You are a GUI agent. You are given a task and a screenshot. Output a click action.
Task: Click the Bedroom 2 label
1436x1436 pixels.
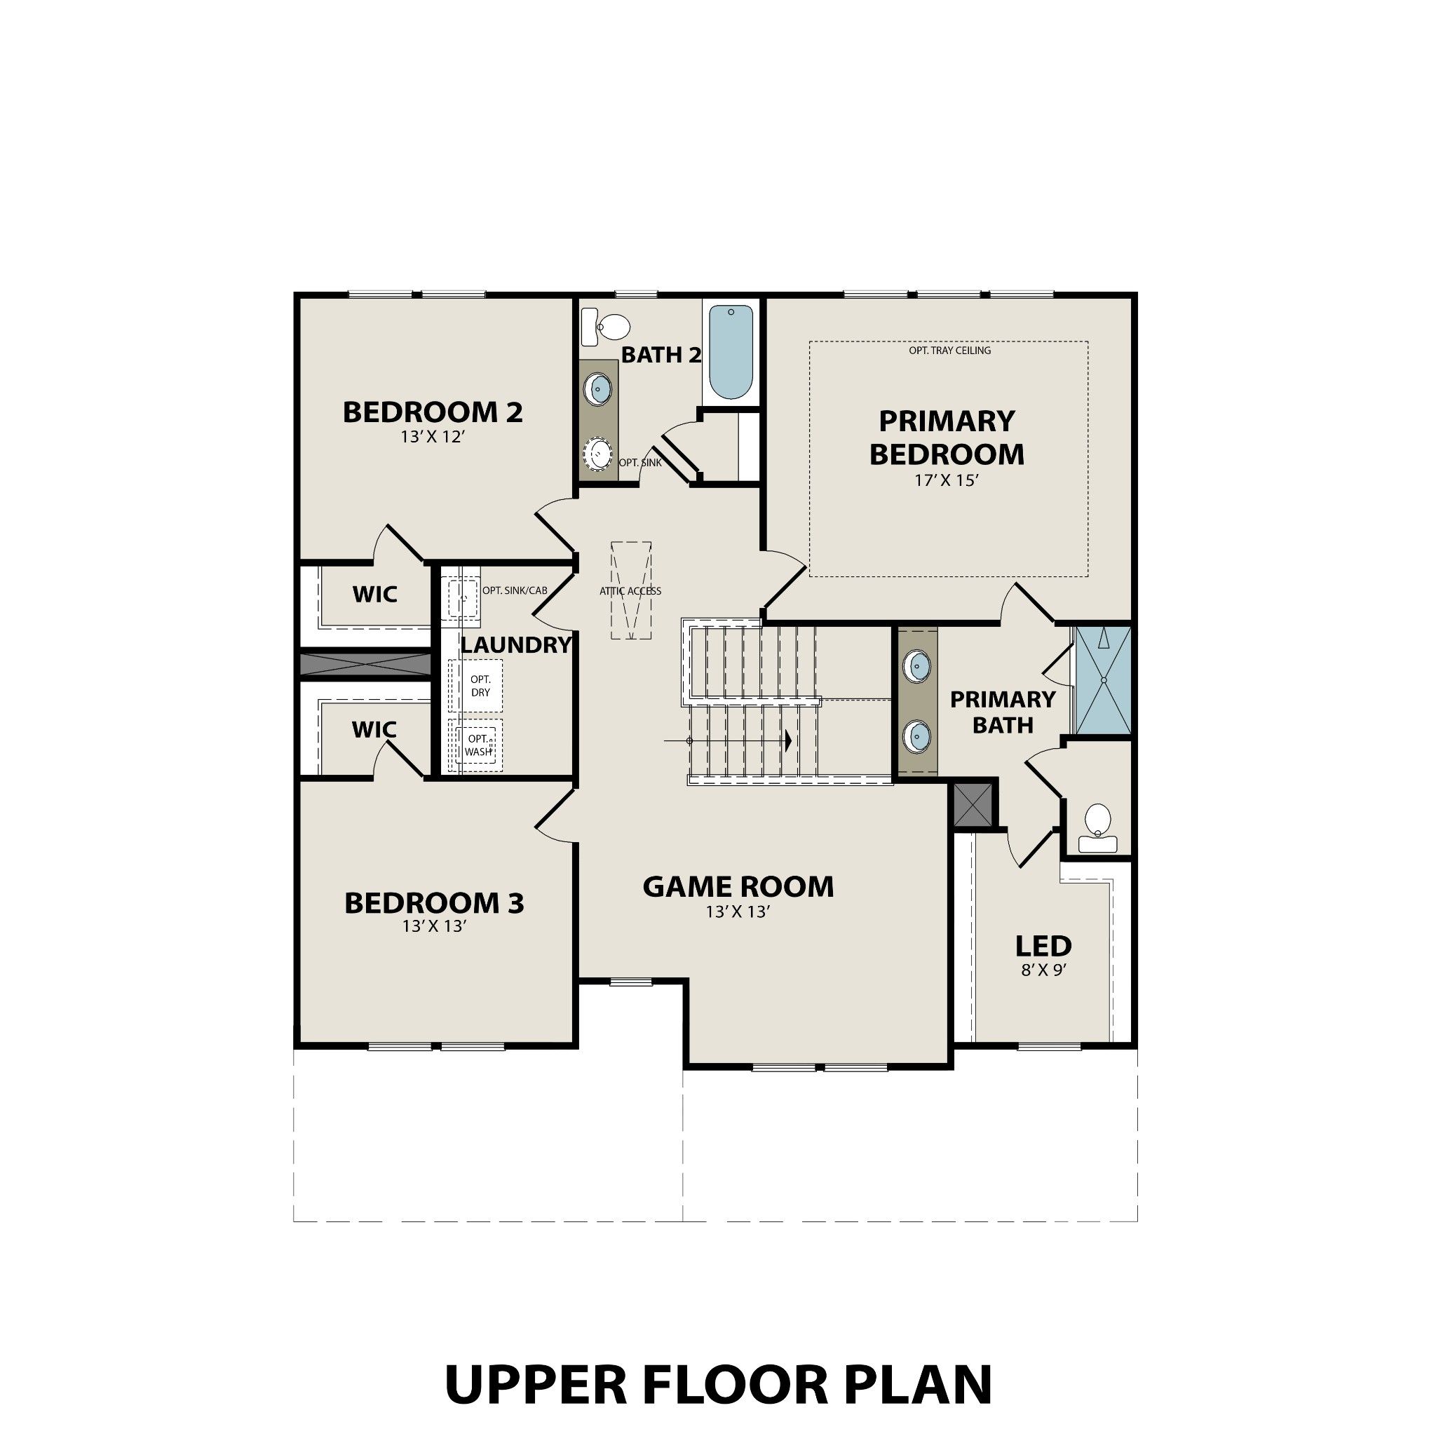point(433,412)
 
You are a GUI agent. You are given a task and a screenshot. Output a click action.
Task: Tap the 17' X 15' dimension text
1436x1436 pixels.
point(946,481)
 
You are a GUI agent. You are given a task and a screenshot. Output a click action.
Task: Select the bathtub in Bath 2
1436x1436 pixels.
point(731,351)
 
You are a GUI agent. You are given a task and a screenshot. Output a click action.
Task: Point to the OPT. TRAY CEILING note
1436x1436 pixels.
point(949,350)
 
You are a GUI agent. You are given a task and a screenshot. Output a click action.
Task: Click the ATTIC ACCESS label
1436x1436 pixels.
point(630,591)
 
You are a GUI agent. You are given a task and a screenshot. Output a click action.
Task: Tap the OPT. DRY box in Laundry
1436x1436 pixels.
point(480,686)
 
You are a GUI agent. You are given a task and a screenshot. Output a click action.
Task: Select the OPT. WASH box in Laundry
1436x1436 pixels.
point(478,745)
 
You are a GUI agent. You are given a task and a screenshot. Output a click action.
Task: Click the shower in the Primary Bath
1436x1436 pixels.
point(1103,680)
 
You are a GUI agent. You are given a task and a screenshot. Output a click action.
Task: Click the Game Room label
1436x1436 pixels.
point(738,887)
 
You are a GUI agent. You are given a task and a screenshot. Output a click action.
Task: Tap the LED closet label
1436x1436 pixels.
point(1043,946)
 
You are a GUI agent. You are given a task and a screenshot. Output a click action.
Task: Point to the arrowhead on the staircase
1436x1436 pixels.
point(787,741)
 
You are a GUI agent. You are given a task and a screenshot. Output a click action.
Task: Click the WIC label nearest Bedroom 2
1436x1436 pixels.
point(374,595)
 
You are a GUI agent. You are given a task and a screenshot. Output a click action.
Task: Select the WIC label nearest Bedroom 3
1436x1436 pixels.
point(374,730)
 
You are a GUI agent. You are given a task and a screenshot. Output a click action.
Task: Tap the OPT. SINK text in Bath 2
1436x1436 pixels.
point(640,462)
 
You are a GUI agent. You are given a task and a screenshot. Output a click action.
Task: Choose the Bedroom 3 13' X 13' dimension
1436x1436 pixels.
point(434,927)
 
